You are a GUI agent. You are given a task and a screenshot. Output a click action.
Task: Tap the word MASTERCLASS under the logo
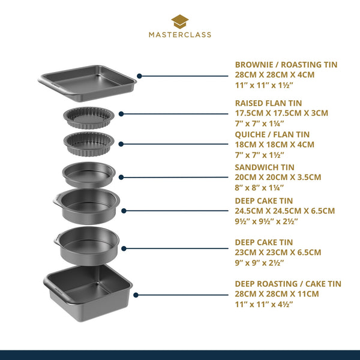(x=180, y=35)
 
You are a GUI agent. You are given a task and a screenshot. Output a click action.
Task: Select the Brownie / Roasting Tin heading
(x=286, y=65)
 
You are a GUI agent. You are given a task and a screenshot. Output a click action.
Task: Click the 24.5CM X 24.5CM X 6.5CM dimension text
(x=284, y=211)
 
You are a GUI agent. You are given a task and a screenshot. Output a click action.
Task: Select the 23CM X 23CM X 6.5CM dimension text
(x=278, y=252)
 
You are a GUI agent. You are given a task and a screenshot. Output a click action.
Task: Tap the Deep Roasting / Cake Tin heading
(x=287, y=284)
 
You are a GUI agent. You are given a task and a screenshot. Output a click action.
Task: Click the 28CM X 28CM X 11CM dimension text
(x=277, y=294)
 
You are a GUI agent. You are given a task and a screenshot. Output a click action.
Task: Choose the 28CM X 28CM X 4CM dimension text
(x=274, y=75)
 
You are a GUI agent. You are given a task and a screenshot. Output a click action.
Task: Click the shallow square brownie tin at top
(x=88, y=80)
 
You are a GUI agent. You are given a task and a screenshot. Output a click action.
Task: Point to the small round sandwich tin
(x=88, y=174)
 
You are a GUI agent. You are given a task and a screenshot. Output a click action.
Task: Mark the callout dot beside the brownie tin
(x=139, y=76)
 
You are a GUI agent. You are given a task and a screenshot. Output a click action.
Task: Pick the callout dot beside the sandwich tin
(x=121, y=176)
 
